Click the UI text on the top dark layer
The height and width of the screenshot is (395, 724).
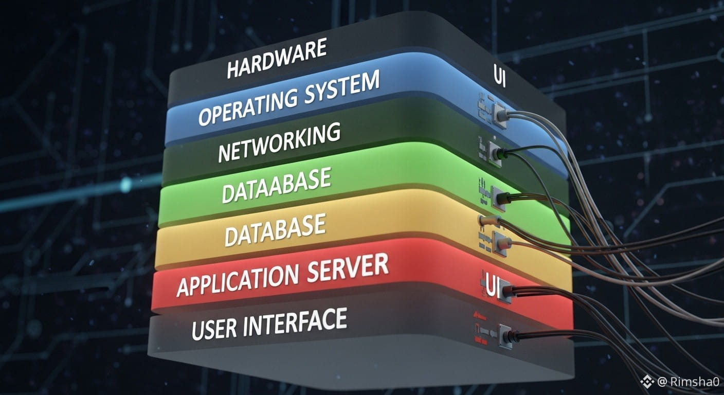[498, 81]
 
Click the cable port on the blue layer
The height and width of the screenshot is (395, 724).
[500, 113]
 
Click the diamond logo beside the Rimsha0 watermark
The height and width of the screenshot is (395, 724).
[647, 381]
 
